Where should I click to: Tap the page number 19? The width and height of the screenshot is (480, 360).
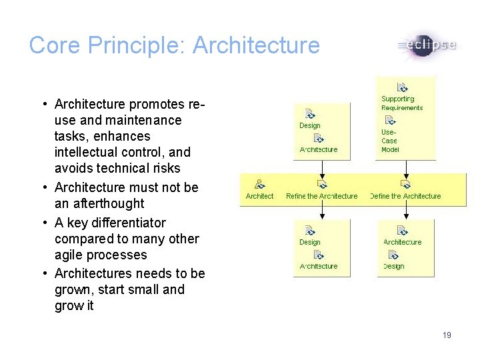pyautogui.click(x=447, y=335)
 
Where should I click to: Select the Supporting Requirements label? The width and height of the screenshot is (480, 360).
pyautogui.click(x=402, y=103)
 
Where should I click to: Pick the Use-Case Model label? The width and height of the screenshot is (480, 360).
pyautogui.click(x=389, y=141)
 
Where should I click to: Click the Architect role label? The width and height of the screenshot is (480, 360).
pyautogui.click(x=259, y=196)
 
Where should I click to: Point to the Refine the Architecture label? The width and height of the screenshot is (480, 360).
pyautogui.click(x=321, y=196)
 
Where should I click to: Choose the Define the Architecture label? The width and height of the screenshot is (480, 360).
pyautogui.click(x=405, y=196)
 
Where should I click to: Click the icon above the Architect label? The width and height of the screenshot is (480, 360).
pyautogui.click(x=259, y=184)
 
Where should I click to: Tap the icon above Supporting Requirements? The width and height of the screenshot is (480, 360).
pyautogui.click(x=402, y=87)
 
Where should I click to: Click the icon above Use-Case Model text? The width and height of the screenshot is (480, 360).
pyautogui.click(x=391, y=121)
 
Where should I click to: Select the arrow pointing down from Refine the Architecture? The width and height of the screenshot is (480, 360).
pyautogui.click(x=322, y=209)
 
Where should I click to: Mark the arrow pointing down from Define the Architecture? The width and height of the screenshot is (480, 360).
pyautogui.click(x=405, y=209)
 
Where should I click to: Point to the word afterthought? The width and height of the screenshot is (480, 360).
pyautogui.click(x=109, y=203)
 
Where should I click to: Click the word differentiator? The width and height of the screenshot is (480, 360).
pyautogui.click(x=125, y=222)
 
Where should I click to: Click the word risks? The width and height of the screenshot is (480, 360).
pyautogui.click(x=165, y=168)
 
